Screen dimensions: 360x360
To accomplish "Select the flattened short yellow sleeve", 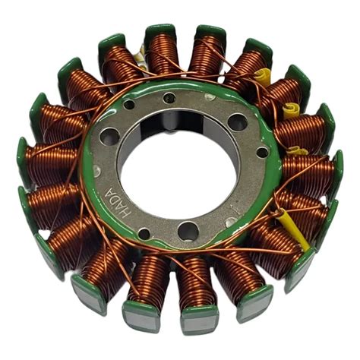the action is tap(298, 151).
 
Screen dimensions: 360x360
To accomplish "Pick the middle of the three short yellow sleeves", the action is tap(291, 111).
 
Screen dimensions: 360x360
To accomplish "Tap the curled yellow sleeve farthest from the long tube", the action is tap(263, 75).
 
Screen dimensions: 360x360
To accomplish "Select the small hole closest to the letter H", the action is tap(144, 234).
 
